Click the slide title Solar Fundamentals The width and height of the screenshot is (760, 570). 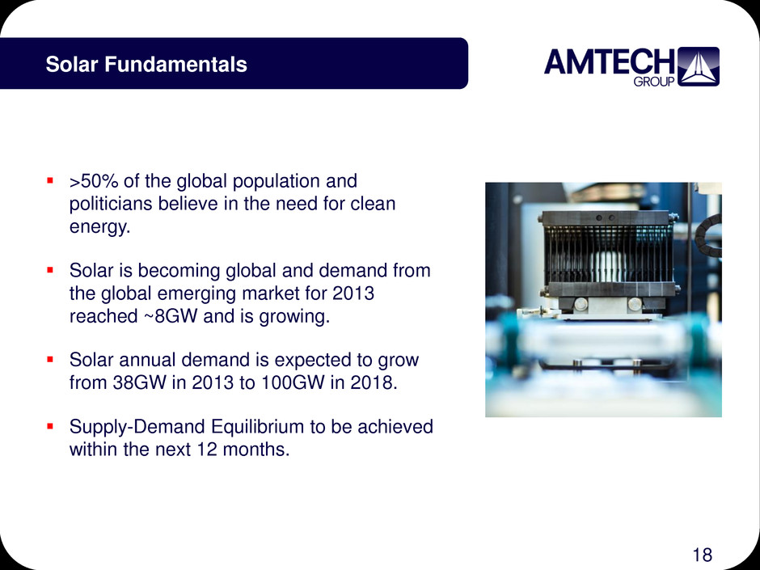point(146,65)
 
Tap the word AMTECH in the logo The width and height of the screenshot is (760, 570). point(610,61)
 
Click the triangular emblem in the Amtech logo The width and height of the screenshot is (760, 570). point(698,66)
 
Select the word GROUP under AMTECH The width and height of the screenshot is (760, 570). point(654,82)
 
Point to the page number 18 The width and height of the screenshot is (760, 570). point(703,555)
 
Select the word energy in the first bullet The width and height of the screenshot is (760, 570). point(99,227)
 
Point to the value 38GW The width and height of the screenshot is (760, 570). point(140,382)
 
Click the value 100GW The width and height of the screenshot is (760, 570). point(293,382)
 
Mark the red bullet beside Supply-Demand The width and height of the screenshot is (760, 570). point(49,427)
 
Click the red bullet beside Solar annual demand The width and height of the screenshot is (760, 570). point(49,360)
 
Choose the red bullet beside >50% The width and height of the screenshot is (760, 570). point(49,181)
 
